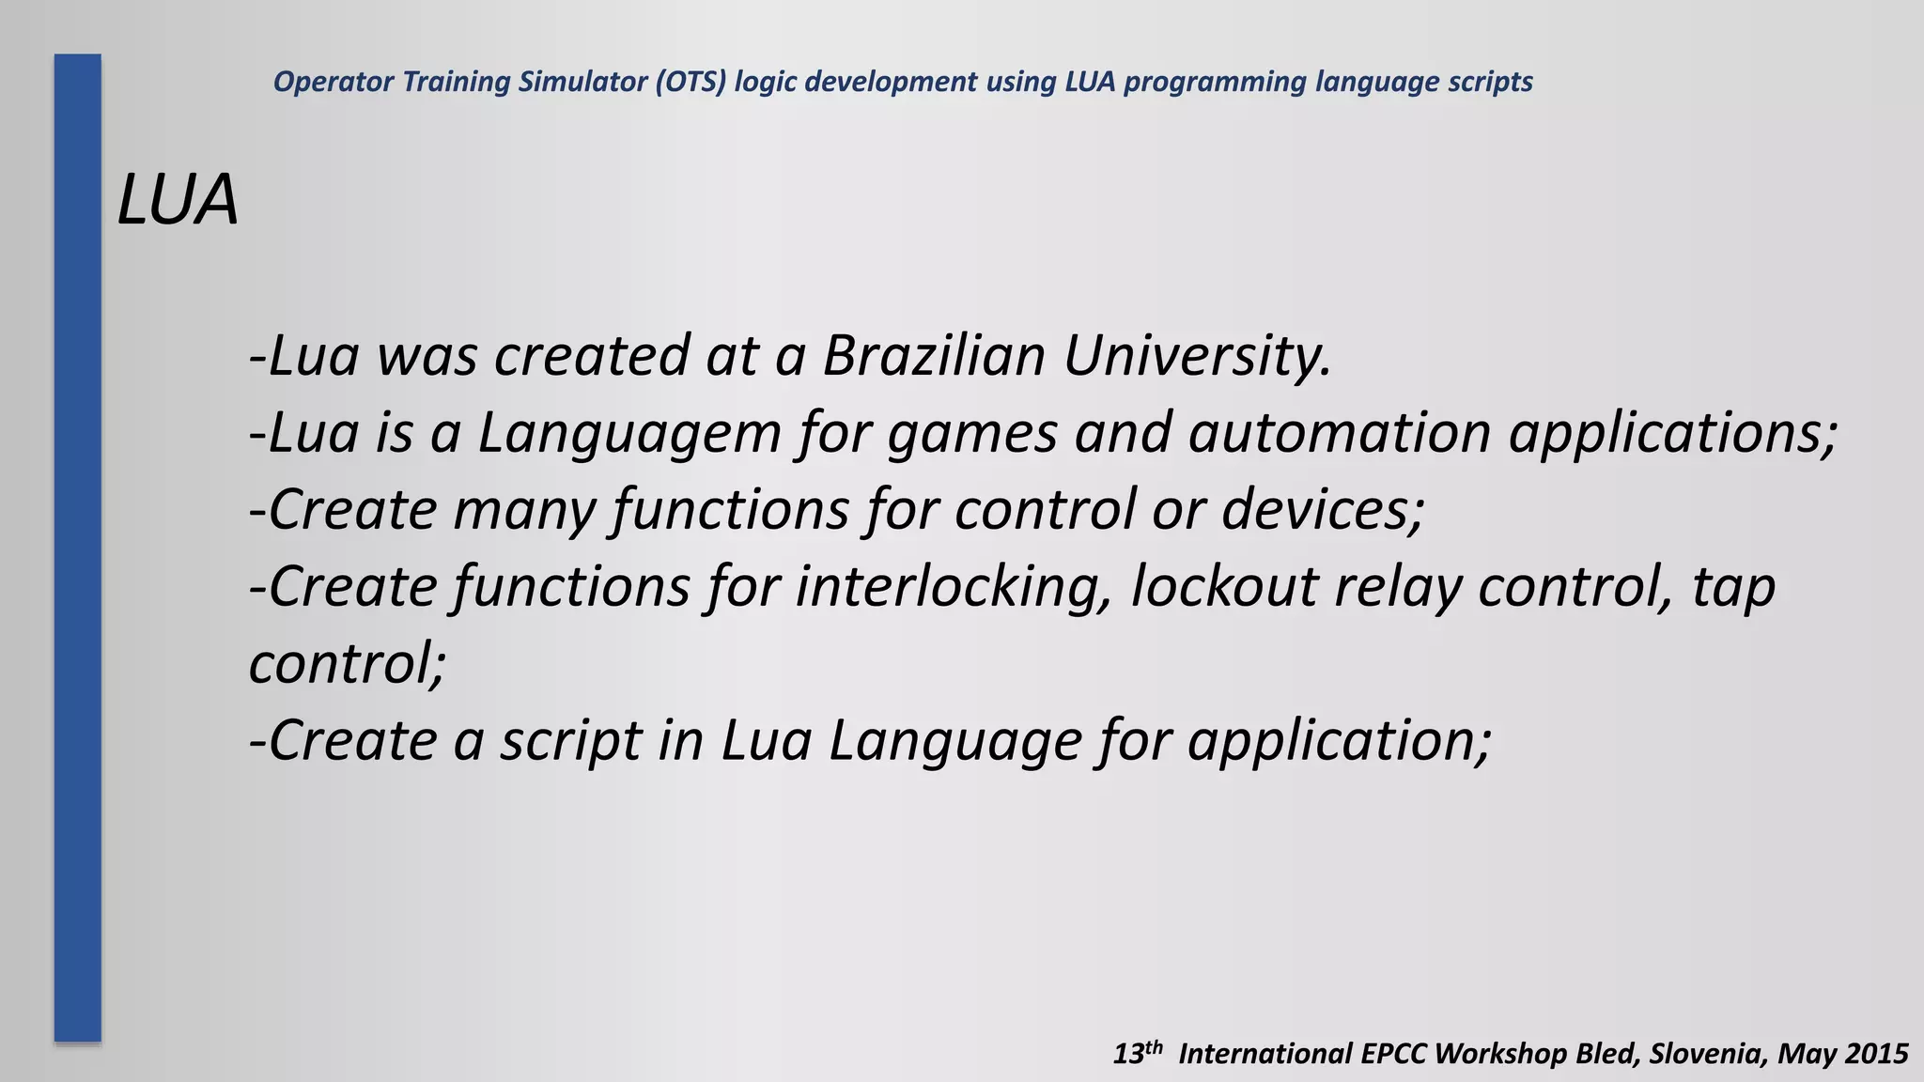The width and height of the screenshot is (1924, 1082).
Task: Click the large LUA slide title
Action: click(178, 200)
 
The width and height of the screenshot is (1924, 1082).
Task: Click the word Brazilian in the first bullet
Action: click(933, 356)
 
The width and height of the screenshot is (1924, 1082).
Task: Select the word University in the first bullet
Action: click(1197, 358)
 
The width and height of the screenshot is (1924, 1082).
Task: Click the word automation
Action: click(1339, 433)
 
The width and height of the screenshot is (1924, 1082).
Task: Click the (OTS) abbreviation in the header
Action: click(690, 83)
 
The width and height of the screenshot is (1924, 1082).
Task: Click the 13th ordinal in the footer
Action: click(1138, 1053)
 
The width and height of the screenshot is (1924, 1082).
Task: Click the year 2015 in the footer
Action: click(1875, 1054)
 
